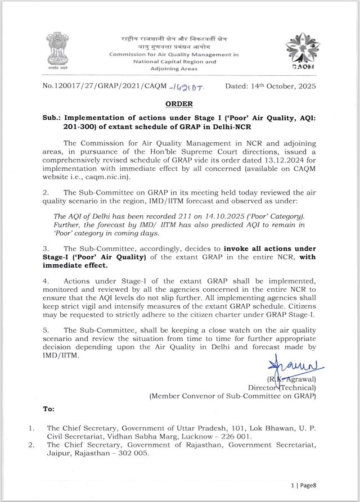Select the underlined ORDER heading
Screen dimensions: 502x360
coord(179,104)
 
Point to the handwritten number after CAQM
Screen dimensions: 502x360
coord(188,87)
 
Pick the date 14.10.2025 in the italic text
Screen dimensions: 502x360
coord(205,216)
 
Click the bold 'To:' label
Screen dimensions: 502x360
coord(49,409)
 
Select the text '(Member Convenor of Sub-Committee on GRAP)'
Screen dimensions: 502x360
coord(232,396)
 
